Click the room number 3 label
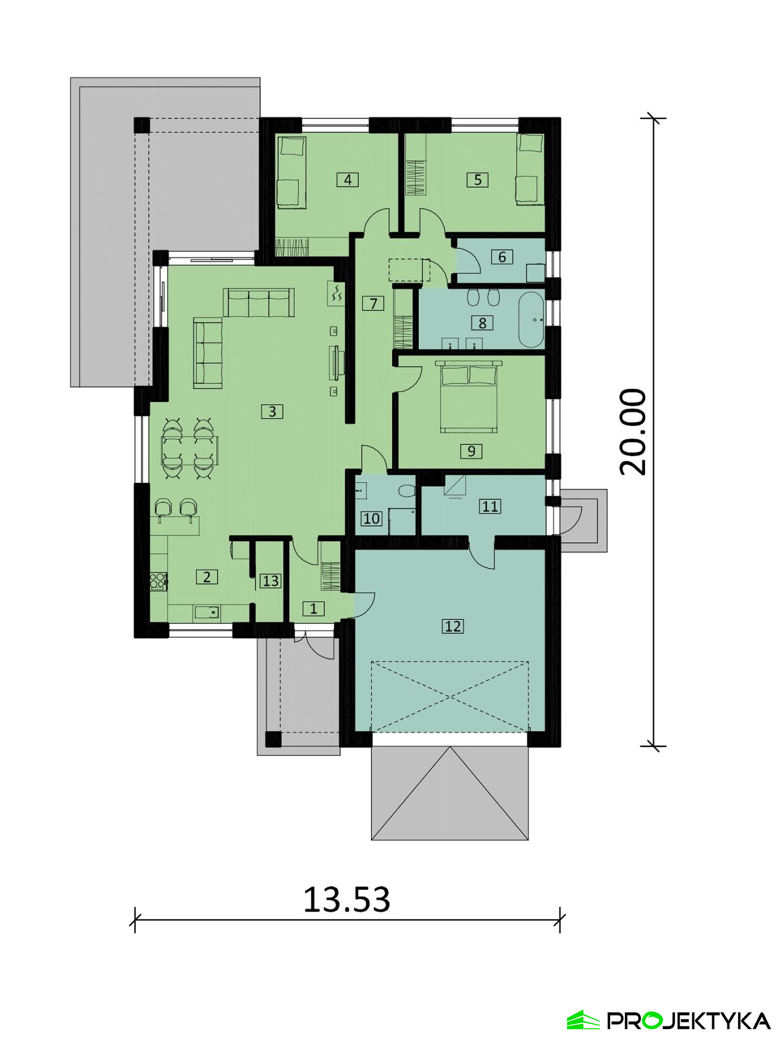[272, 411]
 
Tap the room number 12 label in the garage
[453, 626]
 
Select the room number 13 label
[271, 581]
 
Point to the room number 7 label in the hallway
[373, 303]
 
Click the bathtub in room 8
[531, 320]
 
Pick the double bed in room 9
[469, 397]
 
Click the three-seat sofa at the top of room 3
[258, 302]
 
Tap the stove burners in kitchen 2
[158, 581]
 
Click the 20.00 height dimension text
[633, 432]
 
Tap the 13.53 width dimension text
[346, 899]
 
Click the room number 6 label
[502, 257]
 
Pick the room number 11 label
[490, 506]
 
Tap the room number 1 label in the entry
[313, 609]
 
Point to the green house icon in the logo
[583, 1020]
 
